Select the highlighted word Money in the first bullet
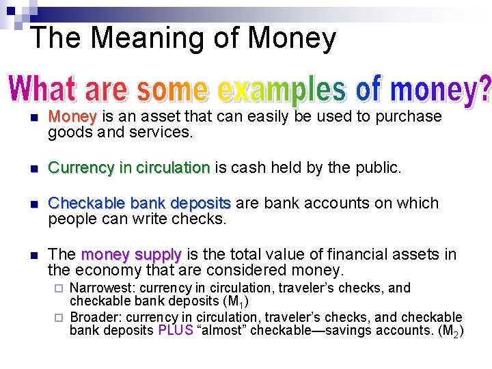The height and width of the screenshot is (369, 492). pos(73,116)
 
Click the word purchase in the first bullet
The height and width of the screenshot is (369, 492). pos(409,117)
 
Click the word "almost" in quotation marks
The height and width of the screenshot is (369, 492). pos(221,331)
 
